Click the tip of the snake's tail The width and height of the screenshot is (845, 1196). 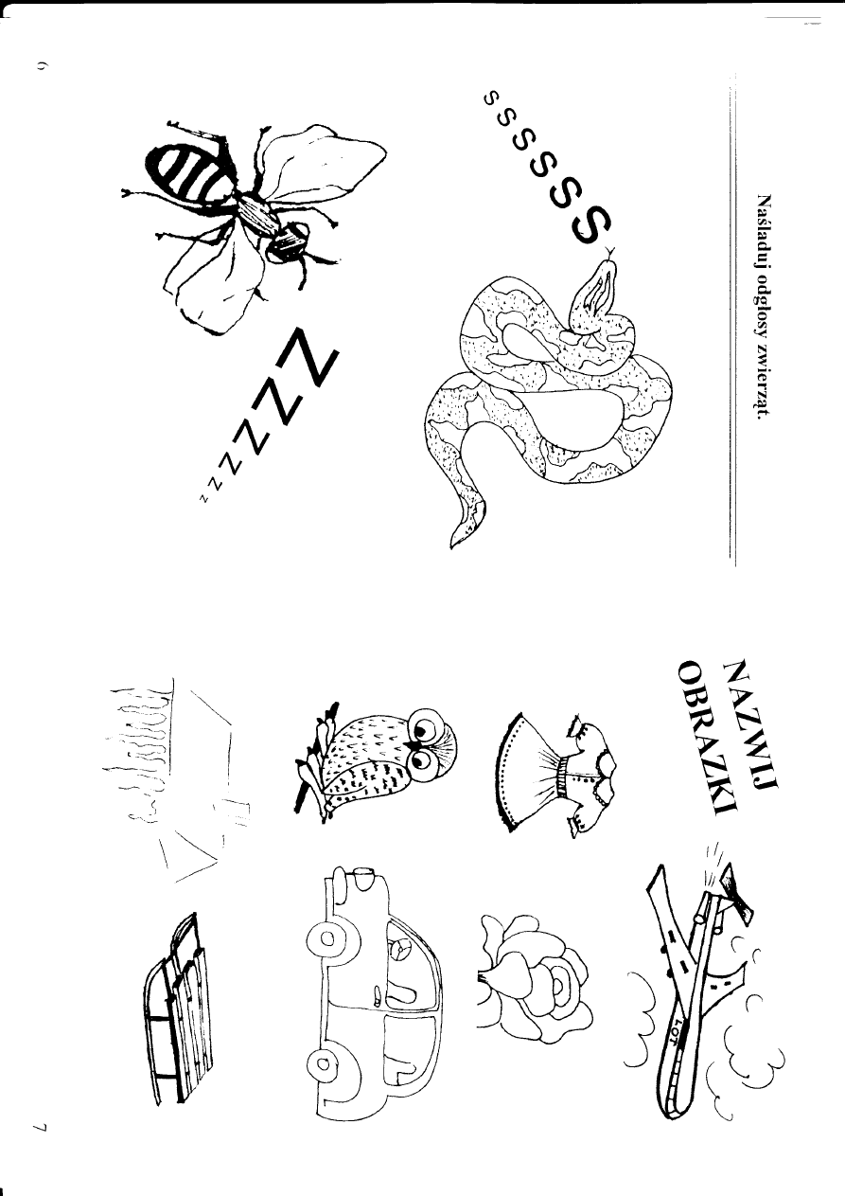tap(451, 547)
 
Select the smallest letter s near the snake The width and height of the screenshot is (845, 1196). tap(489, 98)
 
